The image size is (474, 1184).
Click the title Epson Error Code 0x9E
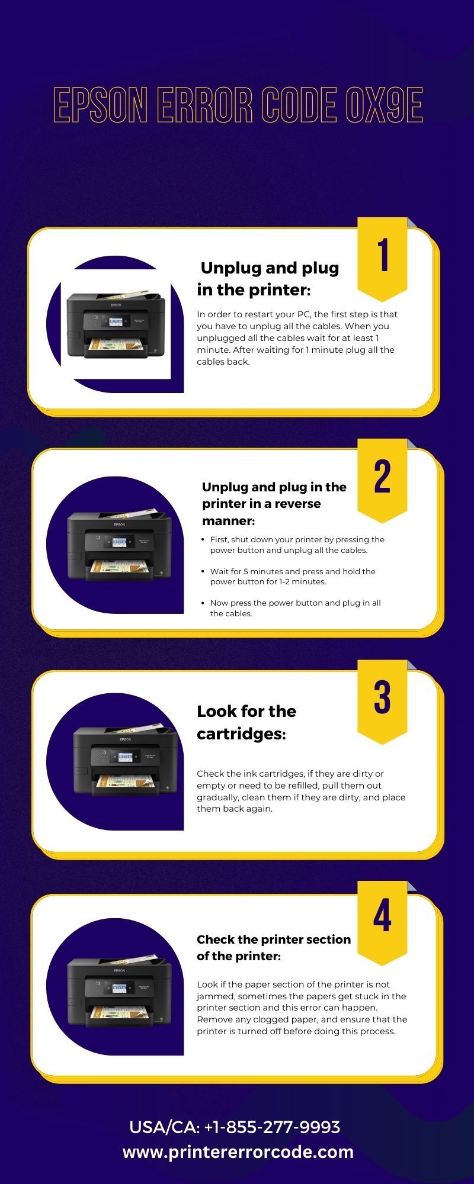tap(238, 105)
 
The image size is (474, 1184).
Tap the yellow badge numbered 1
tap(382, 258)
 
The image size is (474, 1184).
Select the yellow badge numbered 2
tap(382, 480)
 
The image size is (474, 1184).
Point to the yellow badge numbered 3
tap(382, 701)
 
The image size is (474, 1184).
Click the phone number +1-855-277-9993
tap(272, 1127)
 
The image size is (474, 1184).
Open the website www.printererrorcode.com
tap(238, 1152)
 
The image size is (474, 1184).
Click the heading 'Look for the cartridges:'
tap(246, 722)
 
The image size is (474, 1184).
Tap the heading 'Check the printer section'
tap(274, 939)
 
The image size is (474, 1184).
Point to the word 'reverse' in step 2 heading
tap(297, 504)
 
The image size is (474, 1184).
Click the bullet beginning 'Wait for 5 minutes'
tap(293, 577)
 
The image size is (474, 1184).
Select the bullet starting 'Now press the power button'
tap(295, 608)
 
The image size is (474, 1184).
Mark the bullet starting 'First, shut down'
tap(297, 545)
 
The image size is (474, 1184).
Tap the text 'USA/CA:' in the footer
tap(164, 1127)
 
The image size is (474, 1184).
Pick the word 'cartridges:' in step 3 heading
tap(241, 734)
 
